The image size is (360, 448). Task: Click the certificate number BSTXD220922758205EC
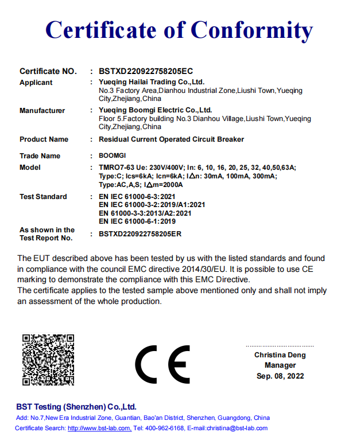coord(146,72)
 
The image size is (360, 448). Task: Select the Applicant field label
coord(36,83)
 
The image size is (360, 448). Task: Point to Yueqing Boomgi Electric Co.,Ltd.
coord(155,110)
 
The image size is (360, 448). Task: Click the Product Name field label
coord(44,139)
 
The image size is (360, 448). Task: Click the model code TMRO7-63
coord(115,167)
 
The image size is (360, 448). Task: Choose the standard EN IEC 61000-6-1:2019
coord(137,221)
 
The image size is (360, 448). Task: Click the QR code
coord(48,360)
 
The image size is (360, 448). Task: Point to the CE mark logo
coord(162,365)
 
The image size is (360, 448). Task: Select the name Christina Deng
coord(280,355)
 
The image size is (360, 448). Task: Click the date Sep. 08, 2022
coord(280,376)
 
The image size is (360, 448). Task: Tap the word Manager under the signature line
coord(280,365)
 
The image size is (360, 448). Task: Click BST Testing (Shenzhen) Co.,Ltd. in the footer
coord(76,407)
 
